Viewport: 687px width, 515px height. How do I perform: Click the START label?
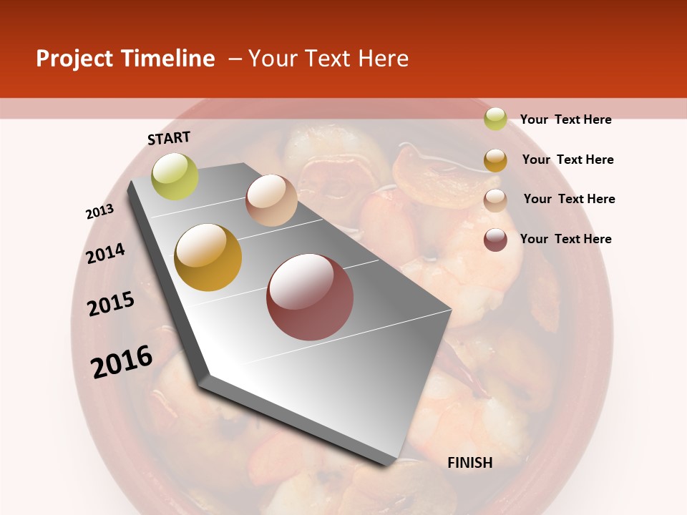coord(169,138)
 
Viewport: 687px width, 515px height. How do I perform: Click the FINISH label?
coord(470,463)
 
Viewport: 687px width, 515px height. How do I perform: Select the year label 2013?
coord(99,212)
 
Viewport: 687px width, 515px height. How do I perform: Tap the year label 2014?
coord(105,253)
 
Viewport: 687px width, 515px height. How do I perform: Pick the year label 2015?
coord(111,304)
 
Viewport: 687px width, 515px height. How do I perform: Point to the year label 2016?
coord(122,362)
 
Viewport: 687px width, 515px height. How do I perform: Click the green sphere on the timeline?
coord(175,176)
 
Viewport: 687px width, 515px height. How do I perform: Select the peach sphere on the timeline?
coord(271,200)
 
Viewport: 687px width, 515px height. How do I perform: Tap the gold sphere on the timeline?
coord(208,257)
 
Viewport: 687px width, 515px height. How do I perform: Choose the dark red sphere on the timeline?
coord(310,297)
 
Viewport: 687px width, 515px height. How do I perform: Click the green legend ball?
coord(495,119)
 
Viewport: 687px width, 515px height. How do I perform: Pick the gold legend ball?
coord(495,160)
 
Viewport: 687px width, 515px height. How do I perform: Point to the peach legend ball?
coord(495,200)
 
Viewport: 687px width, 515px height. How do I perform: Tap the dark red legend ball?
coord(495,240)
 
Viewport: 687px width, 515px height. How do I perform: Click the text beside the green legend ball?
coord(565,119)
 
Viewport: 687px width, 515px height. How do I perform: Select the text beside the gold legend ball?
coord(567,160)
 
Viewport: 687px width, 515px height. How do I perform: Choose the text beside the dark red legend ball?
coord(565,239)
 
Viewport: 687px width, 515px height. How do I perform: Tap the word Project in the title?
coord(74,59)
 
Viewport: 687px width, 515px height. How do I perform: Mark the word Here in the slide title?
coord(383,59)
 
